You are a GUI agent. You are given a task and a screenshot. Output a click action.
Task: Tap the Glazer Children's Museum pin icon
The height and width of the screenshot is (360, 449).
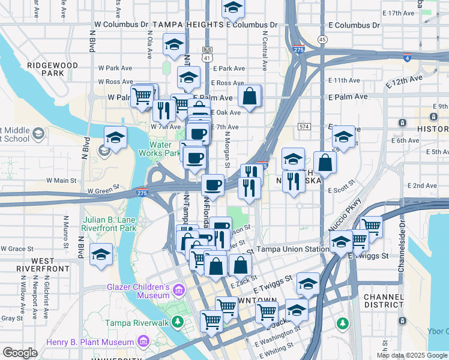[x=178, y=291]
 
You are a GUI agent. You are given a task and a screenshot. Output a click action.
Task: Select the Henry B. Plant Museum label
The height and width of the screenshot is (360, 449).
[x=90, y=342]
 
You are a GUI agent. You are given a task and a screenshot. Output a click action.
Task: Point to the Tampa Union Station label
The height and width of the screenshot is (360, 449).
[x=292, y=249]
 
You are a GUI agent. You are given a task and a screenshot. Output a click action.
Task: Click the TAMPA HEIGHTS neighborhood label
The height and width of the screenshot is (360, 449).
[x=188, y=25]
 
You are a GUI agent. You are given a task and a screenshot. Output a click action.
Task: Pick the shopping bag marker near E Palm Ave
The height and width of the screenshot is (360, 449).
[x=249, y=95]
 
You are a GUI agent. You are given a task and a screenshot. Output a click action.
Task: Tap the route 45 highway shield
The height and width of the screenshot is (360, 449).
[x=323, y=40]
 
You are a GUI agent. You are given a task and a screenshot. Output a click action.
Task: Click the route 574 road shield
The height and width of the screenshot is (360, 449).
[x=303, y=127]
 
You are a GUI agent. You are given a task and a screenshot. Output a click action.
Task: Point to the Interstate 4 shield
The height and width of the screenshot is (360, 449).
[x=408, y=58]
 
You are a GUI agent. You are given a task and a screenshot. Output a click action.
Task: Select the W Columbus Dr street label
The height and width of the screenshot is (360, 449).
[x=121, y=25]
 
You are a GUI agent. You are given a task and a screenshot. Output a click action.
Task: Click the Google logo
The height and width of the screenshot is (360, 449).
[x=20, y=352]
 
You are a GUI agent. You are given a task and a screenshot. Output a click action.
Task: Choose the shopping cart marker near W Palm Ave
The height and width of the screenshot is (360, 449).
[x=142, y=96]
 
